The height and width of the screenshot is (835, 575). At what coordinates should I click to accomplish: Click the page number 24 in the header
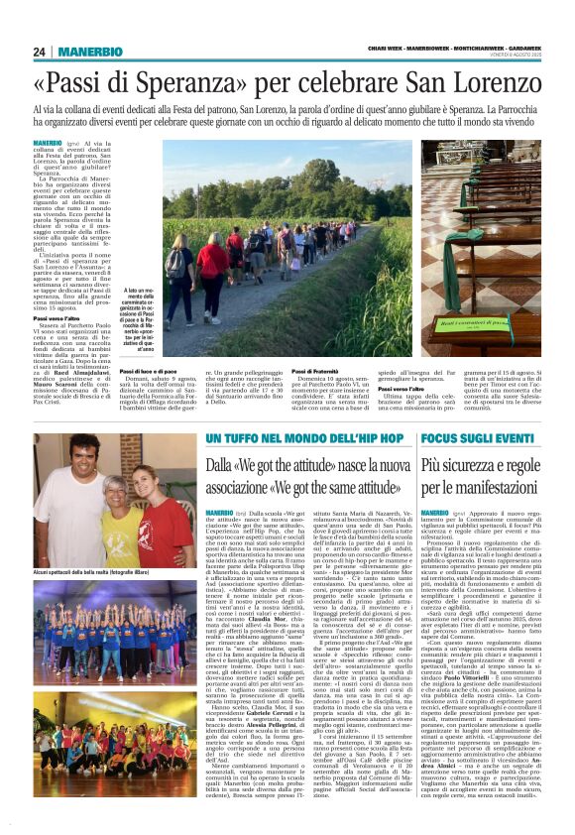coord(39,52)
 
